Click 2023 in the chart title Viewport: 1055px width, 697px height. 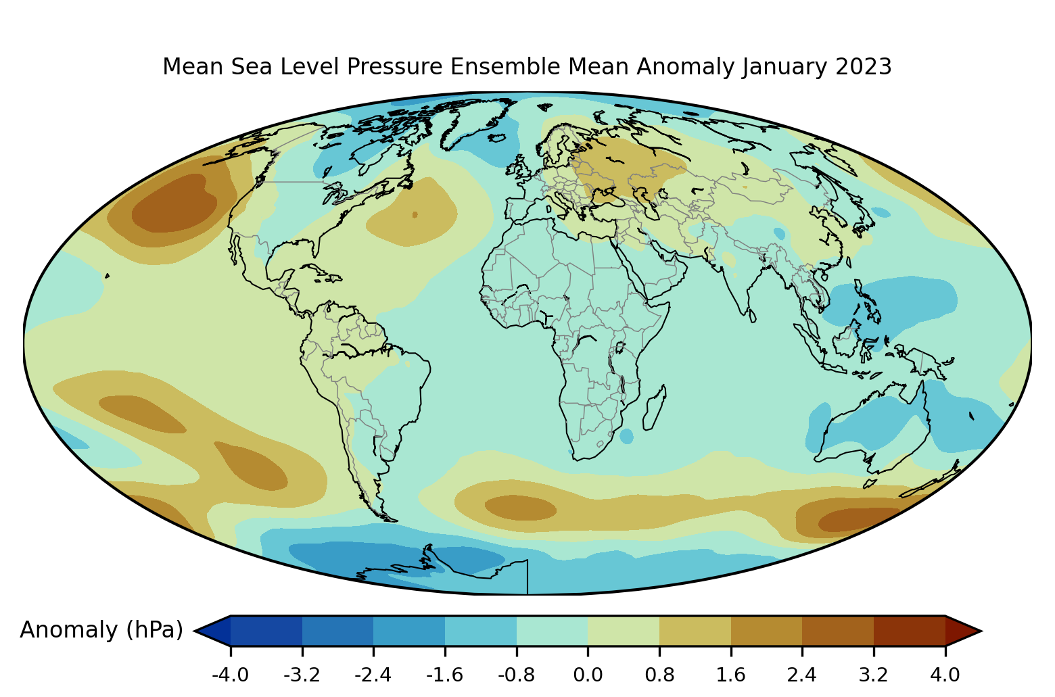pyautogui.click(x=864, y=67)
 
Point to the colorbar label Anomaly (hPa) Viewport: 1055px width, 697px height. pyautogui.click(x=101, y=630)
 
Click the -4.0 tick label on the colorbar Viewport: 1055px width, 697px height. pyautogui.click(x=231, y=675)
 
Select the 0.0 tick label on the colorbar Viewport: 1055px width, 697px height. pyautogui.click(x=588, y=675)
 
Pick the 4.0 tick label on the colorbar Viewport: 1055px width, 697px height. pyautogui.click(x=945, y=675)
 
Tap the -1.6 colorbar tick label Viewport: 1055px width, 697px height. pyautogui.click(x=445, y=675)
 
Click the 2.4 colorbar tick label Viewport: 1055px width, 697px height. pyautogui.click(x=802, y=675)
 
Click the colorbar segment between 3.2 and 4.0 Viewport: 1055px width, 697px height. pyautogui.click(x=909, y=631)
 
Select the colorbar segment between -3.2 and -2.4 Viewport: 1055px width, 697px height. pyautogui.click(x=337, y=631)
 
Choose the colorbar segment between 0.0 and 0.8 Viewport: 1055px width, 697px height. pyautogui.click(x=624, y=631)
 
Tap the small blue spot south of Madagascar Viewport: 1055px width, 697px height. pyautogui.click(x=627, y=436)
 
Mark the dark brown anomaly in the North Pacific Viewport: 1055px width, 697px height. pyautogui.click(x=174, y=203)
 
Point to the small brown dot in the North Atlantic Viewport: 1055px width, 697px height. pyautogui.click(x=415, y=215)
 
